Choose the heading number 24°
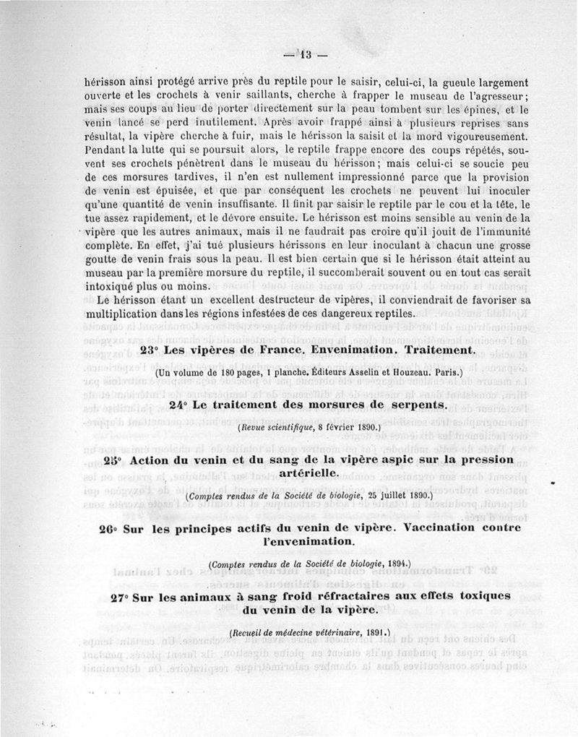click(x=180, y=405)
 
